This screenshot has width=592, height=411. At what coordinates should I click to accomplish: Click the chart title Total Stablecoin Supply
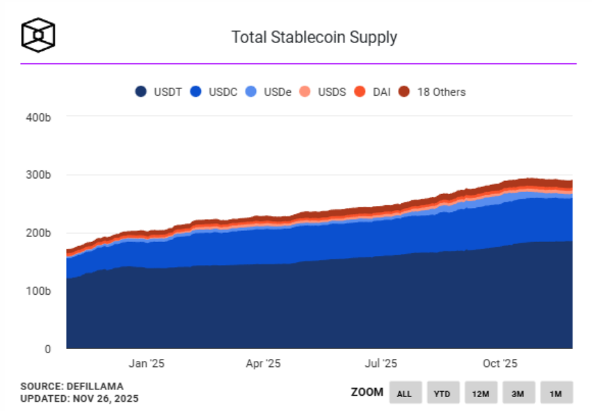(x=314, y=37)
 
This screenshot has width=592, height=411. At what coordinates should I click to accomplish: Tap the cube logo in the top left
(x=38, y=34)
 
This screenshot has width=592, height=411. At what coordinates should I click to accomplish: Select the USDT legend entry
(x=159, y=92)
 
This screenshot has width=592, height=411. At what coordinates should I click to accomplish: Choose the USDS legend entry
(x=323, y=92)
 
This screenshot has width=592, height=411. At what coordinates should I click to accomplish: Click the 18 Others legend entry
(x=432, y=92)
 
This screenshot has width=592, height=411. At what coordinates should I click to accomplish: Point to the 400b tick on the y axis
(x=38, y=118)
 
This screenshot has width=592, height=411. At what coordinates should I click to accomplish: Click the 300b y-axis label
(x=38, y=175)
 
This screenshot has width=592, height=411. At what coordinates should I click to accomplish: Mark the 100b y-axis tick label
(x=38, y=291)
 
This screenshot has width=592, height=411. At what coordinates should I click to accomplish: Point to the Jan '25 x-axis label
(x=147, y=363)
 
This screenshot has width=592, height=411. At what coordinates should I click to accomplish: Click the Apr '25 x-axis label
(x=264, y=363)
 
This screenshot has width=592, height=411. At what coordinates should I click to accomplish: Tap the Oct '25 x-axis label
(x=500, y=363)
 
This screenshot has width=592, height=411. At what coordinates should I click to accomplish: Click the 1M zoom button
(x=556, y=393)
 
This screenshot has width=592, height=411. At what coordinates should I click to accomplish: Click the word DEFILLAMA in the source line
(x=94, y=386)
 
